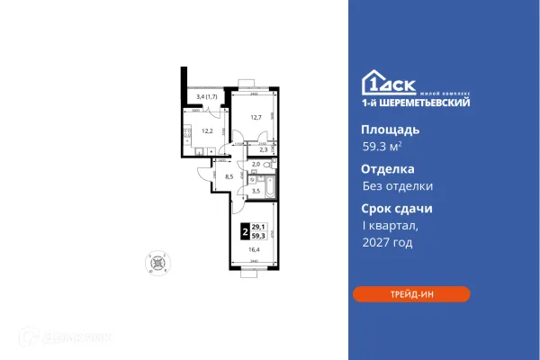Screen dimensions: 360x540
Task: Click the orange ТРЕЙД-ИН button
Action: pyautogui.click(x=410, y=294)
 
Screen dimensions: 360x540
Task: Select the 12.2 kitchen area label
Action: pyautogui.click(x=206, y=131)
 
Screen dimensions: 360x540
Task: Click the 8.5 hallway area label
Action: pyautogui.click(x=229, y=176)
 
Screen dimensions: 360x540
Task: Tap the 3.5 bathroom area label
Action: pyautogui.click(x=256, y=191)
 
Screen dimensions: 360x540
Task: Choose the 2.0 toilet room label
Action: pyautogui.click(x=256, y=165)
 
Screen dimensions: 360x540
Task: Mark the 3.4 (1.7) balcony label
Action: pyautogui.click(x=207, y=96)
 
